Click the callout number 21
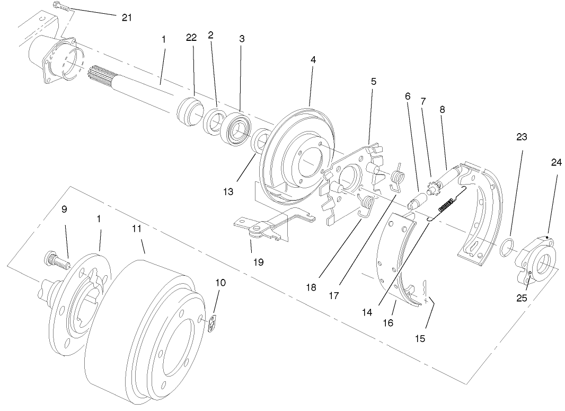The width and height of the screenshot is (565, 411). tap(126, 18)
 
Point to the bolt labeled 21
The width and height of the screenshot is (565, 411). tap(61, 7)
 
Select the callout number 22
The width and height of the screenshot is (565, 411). tap(191, 37)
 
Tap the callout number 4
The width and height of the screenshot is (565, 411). tap(313, 60)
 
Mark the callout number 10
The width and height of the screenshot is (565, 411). tap(220, 283)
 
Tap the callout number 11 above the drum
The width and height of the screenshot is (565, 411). tap(137, 229)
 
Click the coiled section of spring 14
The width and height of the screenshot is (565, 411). tap(445, 205)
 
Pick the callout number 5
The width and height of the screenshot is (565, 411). tap(374, 82)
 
